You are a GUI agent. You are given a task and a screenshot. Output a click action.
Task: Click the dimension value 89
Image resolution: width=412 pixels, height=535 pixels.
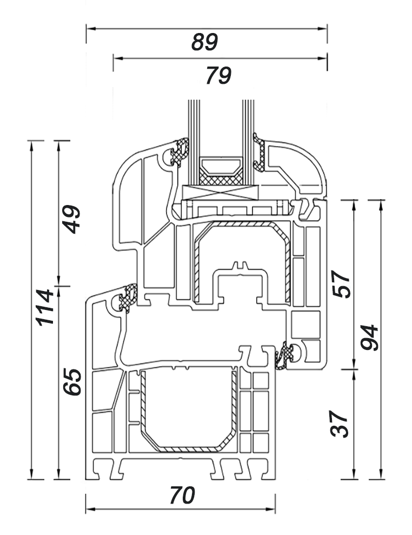pyautogui.click(x=204, y=42)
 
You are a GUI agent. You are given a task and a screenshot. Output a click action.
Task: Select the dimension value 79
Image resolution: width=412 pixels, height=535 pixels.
pyautogui.click(x=218, y=75)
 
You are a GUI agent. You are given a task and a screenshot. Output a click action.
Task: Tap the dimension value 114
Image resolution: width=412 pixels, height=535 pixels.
pyautogui.click(x=45, y=307)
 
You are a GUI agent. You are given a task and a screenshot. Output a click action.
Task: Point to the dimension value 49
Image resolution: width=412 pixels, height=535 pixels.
pyautogui.click(x=71, y=219)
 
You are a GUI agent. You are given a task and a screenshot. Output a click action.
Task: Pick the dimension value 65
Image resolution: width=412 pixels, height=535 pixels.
pyautogui.click(x=72, y=382)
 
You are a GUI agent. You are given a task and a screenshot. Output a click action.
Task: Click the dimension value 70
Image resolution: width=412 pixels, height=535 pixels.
pyautogui.click(x=182, y=495)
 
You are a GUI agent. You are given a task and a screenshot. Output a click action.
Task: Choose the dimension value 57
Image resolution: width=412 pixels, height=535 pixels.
pyautogui.click(x=341, y=284)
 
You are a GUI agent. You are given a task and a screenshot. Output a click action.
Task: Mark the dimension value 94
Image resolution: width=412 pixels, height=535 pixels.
pyautogui.click(x=369, y=338)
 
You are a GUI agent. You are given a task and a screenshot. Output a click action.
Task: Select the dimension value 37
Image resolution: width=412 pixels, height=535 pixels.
pyautogui.click(x=340, y=424)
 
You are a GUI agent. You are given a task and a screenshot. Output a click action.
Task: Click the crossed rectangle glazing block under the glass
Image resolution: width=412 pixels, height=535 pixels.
pyautogui.click(x=220, y=193)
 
